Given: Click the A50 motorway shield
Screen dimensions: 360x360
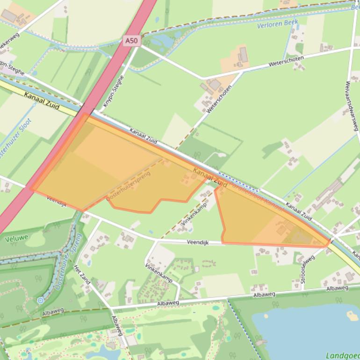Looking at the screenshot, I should pos(132,41).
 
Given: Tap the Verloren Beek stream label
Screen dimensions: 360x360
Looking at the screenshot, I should pos(277,23).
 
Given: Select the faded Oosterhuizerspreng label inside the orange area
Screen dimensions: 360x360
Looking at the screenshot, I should pos(129,186).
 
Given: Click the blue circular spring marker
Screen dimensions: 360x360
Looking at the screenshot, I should pos(41,300).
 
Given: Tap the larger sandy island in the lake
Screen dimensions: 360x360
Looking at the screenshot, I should pos(352,316).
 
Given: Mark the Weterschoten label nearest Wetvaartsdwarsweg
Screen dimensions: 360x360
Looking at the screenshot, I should pos(287,61).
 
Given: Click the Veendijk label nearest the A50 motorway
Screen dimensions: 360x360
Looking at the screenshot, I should pos(57,202).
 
